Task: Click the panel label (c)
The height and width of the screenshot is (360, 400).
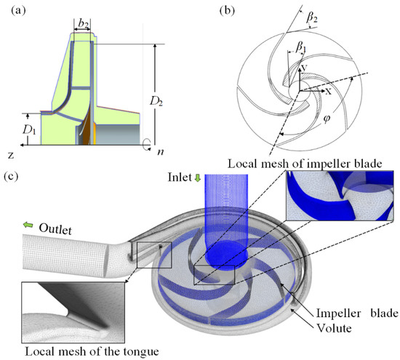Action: click(12, 176)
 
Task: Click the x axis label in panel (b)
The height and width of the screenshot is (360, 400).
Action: click(308, 92)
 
